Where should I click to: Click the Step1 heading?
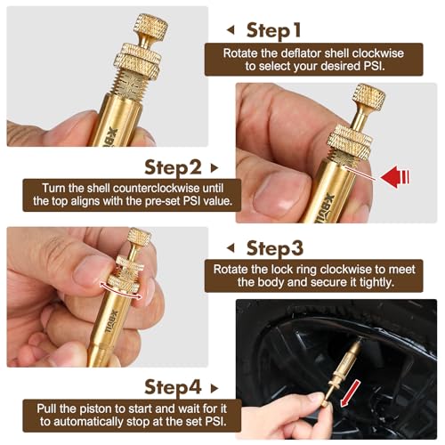coord(273,31)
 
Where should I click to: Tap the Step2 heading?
coord(173,168)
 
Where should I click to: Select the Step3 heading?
coord(275,248)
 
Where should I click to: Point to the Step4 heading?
coord(173,387)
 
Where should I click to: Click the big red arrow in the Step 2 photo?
coord(395,177)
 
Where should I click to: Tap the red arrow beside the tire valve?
coord(350,393)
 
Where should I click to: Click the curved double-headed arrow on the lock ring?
coord(121,291)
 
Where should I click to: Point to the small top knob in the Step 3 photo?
coord(139,237)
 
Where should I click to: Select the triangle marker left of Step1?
coord(231,29)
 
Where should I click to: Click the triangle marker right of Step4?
coord(214,388)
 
